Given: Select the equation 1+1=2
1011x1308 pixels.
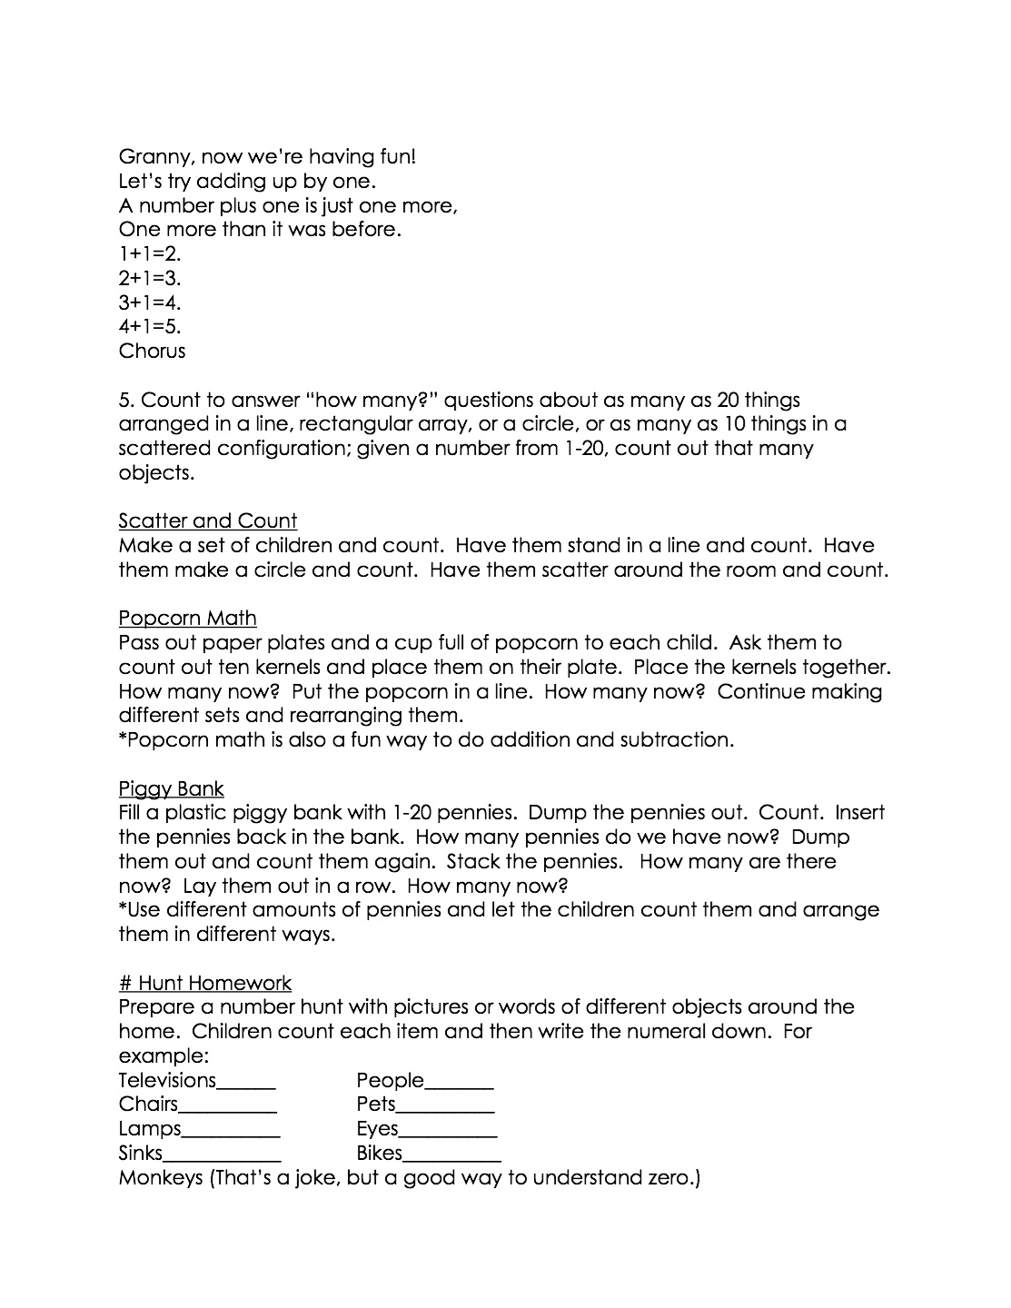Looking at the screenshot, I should click(150, 254).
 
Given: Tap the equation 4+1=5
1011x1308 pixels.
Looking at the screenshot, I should click(150, 327).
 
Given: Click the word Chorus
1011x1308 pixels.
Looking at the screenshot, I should click(152, 352).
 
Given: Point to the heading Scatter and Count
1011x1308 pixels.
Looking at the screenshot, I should click(207, 521).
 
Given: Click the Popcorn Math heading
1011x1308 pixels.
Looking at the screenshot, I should click(187, 619).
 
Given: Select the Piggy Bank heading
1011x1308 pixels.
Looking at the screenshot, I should click(171, 788).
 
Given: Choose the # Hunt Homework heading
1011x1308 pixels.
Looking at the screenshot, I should click(204, 983).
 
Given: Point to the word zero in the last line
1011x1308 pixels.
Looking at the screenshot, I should click(669, 1179).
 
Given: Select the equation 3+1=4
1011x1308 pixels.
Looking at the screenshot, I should click(150, 302).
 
